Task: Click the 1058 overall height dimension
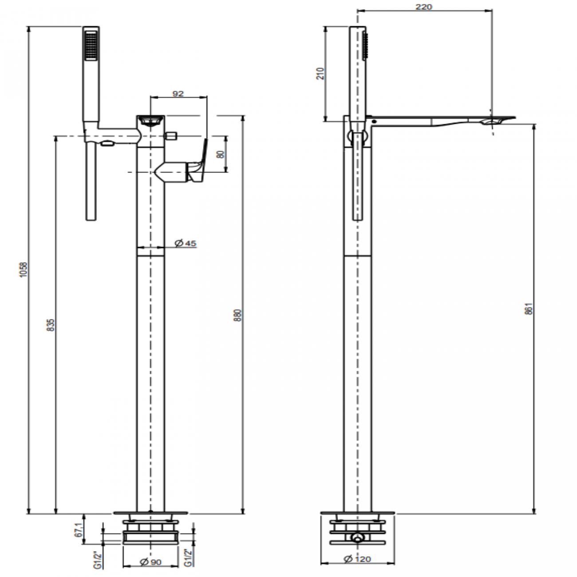coord(24,270)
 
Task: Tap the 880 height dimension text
coord(237,316)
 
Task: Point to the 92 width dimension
coord(178,94)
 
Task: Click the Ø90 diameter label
coord(151,562)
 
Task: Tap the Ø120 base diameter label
coord(357,559)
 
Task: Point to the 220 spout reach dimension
coord(424,7)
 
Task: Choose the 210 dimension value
coord(321,73)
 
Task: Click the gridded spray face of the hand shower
coord(91,44)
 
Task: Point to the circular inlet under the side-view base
coord(357,539)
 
